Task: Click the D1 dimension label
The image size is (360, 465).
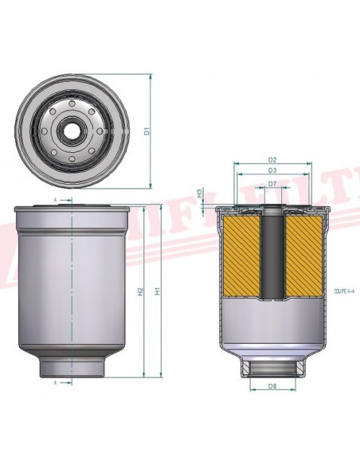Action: (147, 131)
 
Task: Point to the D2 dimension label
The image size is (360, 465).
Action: (272, 160)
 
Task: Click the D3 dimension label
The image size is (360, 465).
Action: (272, 170)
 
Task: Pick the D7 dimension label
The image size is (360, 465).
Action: (272, 184)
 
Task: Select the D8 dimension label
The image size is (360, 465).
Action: (272, 387)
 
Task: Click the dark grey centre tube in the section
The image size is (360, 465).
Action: (272, 255)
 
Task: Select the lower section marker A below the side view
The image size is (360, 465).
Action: (55, 383)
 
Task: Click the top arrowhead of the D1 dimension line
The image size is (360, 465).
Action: (151, 76)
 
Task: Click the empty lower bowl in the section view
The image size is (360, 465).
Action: (272, 326)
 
